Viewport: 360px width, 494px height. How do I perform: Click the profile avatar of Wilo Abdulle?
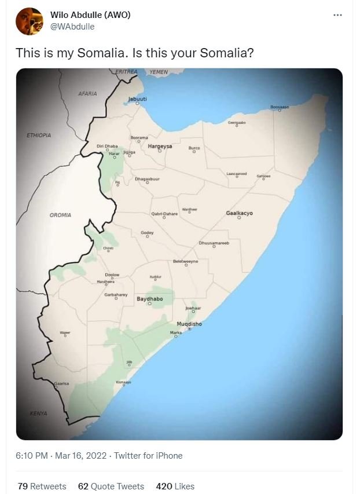[30, 21]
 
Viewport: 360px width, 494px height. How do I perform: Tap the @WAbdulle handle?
[72, 27]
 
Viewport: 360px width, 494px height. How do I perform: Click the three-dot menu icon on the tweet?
[338, 15]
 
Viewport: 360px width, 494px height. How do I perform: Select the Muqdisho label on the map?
[189, 324]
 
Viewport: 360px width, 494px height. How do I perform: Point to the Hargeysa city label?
[160, 147]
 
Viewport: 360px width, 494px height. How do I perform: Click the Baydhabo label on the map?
[149, 299]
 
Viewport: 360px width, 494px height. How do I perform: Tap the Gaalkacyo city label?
[239, 213]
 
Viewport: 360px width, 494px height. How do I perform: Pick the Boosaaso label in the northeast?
[280, 107]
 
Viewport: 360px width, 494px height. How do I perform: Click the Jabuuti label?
[138, 99]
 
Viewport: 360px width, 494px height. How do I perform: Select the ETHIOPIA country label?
[39, 135]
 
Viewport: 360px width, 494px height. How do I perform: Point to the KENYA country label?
[38, 414]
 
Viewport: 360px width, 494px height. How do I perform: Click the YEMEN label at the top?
[158, 72]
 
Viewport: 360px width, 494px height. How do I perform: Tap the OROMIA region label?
[60, 215]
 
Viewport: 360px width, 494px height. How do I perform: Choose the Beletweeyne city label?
[185, 262]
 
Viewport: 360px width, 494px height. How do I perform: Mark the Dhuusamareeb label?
[214, 243]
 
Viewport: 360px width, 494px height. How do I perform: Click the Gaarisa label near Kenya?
[61, 383]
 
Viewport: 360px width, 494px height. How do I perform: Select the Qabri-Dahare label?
[164, 214]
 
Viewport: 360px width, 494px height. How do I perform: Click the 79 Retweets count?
[42, 486]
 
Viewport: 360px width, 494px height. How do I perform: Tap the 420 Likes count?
[175, 486]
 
